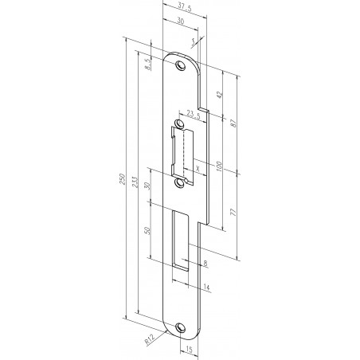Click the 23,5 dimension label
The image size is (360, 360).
tap(192, 112)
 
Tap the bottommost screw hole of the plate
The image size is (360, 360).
tap(180, 327)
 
